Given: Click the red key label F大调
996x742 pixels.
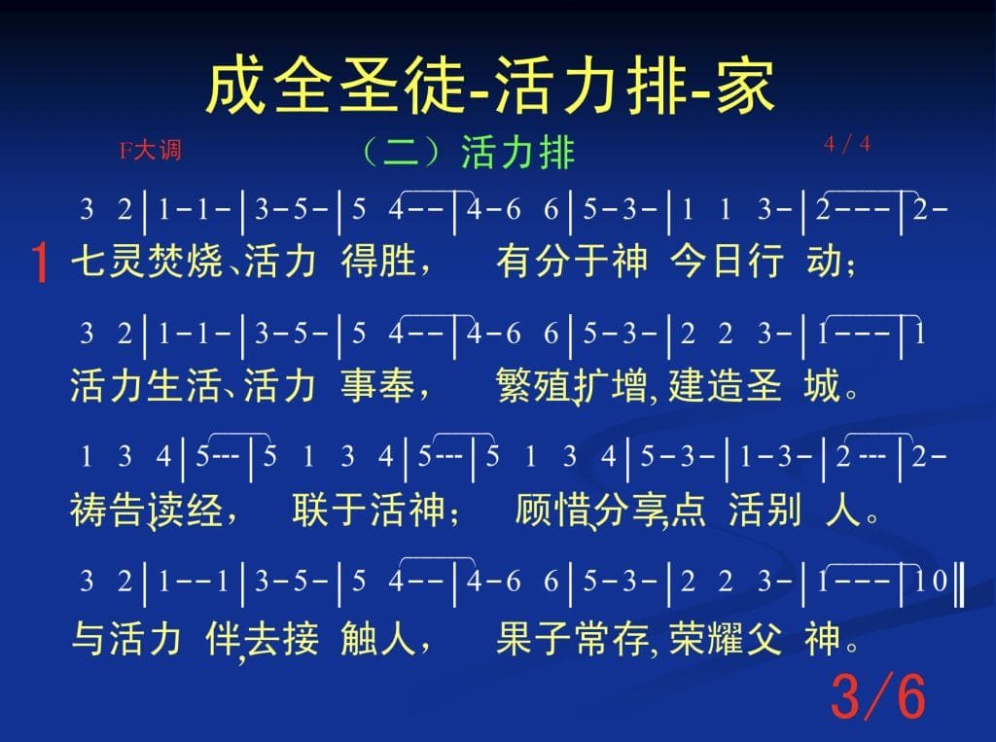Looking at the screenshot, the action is [150, 151].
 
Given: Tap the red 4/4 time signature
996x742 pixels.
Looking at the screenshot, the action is [847, 144].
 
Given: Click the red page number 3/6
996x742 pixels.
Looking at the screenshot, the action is [878, 696].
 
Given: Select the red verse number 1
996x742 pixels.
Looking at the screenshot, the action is [39, 263].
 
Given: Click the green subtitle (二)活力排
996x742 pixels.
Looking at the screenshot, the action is [468, 153].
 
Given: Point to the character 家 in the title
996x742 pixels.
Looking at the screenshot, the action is [746, 87].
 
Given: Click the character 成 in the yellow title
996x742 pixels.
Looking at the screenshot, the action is [237, 87].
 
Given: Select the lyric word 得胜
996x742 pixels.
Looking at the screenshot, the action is [378, 261].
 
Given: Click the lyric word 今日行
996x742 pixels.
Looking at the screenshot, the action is [726, 261].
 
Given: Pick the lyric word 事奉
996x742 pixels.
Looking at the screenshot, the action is [378, 385].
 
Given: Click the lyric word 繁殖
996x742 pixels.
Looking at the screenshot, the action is [535, 385].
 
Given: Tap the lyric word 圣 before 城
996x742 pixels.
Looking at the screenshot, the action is [764, 385].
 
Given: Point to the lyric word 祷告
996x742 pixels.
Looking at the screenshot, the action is [108, 510].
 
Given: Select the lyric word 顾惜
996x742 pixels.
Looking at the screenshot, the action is [551, 510].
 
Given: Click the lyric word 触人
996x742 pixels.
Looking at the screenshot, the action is [378, 637].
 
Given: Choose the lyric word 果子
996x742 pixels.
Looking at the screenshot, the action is [535, 637].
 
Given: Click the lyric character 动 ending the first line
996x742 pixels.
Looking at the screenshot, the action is [824, 261].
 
